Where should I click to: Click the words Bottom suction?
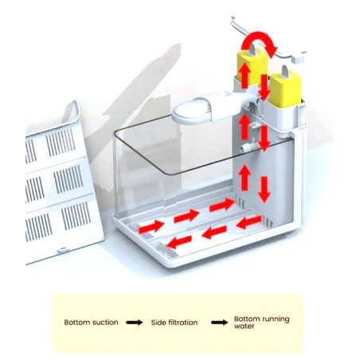tap(91, 323)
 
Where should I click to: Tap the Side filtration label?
tap(174, 323)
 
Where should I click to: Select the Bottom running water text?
tap(261, 323)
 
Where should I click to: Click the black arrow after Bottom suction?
tap(135, 323)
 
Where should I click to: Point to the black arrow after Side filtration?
tap(219, 323)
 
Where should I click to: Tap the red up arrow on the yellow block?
tap(245, 76)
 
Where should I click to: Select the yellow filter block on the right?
tap(285, 90)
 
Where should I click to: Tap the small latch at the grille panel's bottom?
tap(62, 249)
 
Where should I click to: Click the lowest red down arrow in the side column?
tap(264, 190)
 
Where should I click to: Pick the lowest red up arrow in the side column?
tap(245, 178)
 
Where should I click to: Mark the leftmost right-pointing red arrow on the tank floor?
tap(151, 227)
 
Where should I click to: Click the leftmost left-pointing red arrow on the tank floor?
tap(179, 242)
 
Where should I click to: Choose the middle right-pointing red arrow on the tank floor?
tap(186, 216)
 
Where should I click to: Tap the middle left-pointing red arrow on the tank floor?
tap(214, 233)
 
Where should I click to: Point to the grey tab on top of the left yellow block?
tap(252, 50)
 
